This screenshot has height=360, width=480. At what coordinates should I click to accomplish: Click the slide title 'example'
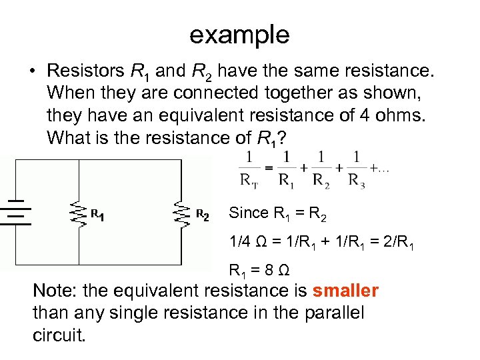click(239, 35)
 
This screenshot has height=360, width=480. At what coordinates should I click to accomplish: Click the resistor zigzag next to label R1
click(79, 214)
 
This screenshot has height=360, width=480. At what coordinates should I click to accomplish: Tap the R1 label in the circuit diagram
click(97, 215)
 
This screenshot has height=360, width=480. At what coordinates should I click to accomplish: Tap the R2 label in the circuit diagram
click(203, 215)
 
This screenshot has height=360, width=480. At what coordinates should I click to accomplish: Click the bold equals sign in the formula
click(268, 168)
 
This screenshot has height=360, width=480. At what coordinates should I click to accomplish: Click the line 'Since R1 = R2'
click(277, 213)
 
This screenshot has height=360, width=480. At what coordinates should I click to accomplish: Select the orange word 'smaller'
click(345, 291)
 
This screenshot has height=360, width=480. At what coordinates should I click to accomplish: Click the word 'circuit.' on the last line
click(59, 334)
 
